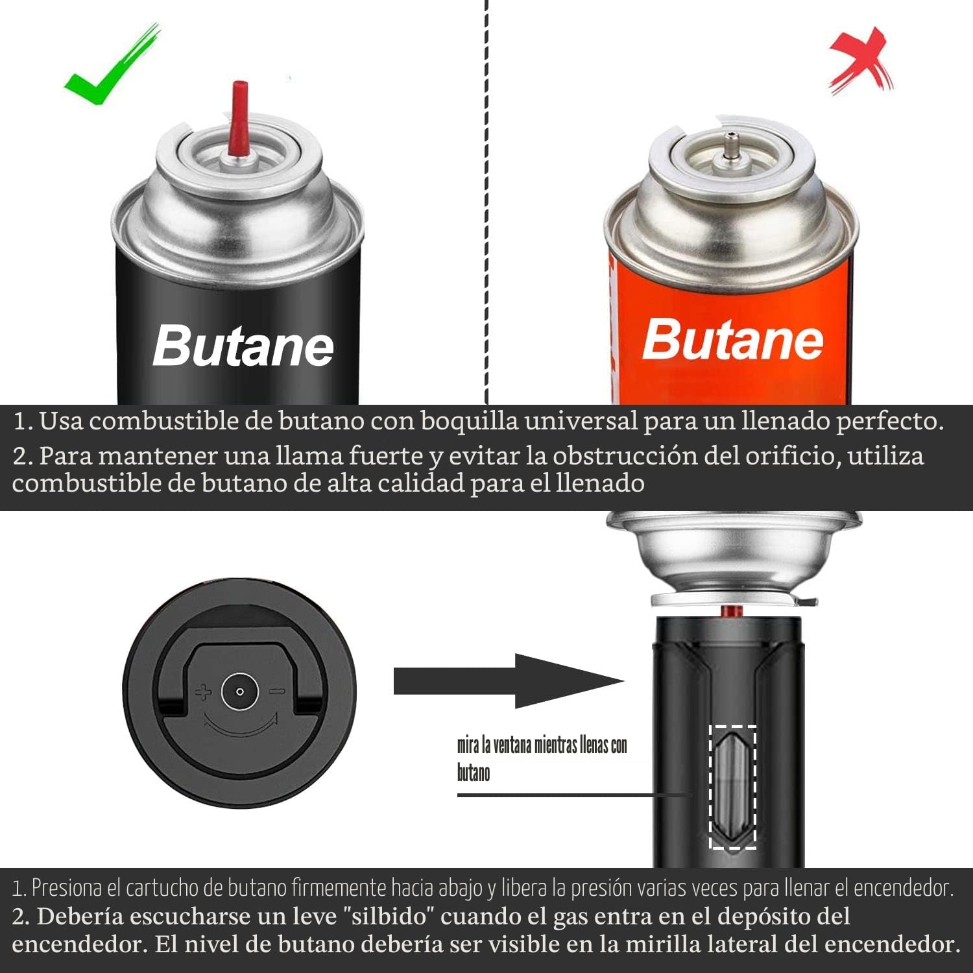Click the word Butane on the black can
pyautogui.click(x=243, y=346)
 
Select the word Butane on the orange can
pyautogui.click(x=733, y=339)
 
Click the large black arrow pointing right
pyautogui.click(x=509, y=681)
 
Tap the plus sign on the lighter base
pyautogui.click(x=203, y=692)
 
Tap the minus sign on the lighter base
pyautogui.click(x=277, y=692)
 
